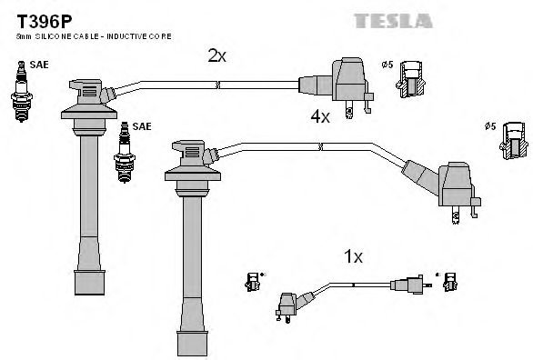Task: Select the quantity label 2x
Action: coord(216,56)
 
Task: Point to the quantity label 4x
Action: coord(320,116)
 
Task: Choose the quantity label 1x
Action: coord(353,257)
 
